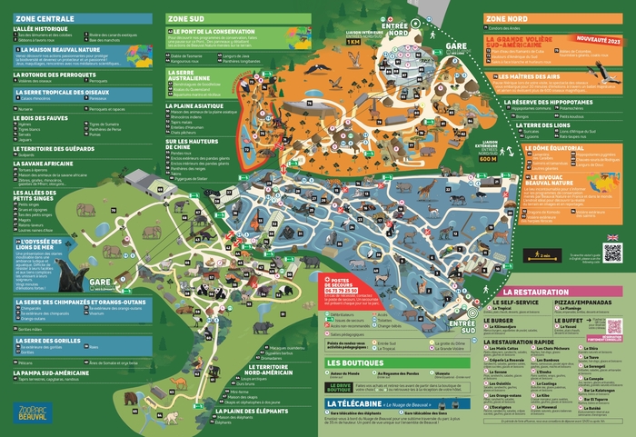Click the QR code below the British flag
(x=612, y=253)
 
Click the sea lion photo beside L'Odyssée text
(x=71, y=272)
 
